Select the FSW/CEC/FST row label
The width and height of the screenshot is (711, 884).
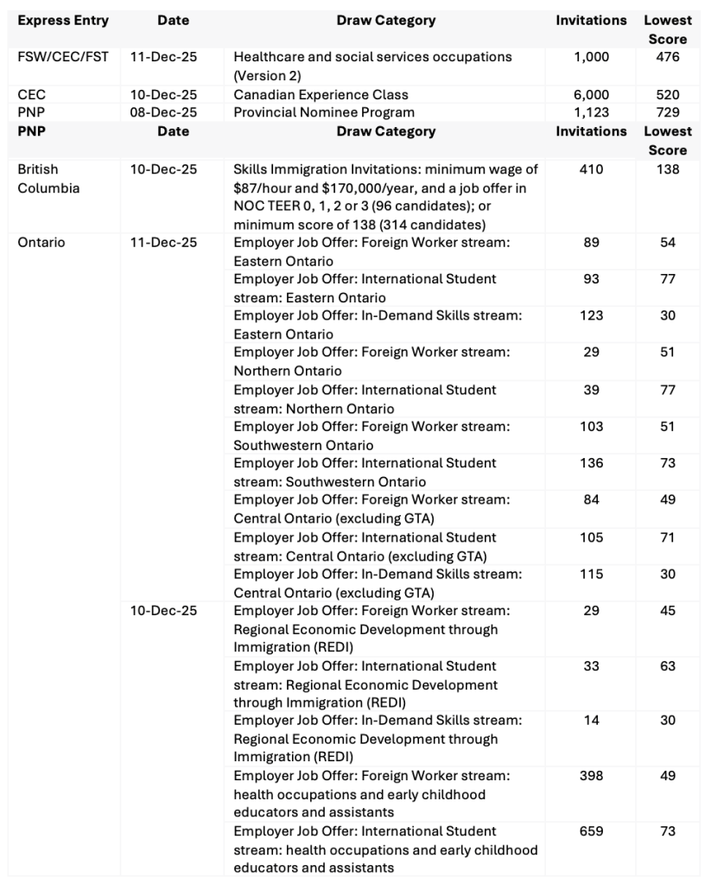point(63,57)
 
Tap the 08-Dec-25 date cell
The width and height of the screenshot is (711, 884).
point(163,112)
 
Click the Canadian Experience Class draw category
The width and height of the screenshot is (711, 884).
point(321,94)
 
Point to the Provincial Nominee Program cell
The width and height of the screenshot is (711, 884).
point(324,112)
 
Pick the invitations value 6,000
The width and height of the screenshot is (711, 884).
point(591,94)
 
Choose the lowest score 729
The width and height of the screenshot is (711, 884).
point(668,112)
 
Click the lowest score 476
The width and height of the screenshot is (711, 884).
point(668,57)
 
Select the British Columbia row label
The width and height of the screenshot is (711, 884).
point(48,179)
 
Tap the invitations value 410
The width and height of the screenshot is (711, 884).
point(591,169)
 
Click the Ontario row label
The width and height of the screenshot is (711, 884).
point(41,243)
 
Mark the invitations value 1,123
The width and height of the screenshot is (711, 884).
point(591,112)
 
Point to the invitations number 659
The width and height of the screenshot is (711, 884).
point(591,831)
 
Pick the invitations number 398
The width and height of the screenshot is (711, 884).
point(591,776)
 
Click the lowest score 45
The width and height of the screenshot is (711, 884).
point(668,610)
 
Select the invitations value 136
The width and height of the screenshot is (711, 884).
point(591,463)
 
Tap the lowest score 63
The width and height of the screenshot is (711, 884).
point(668,666)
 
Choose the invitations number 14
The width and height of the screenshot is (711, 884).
point(591,721)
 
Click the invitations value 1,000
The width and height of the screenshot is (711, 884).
point(591,57)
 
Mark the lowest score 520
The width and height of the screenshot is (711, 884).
point(668,94)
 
